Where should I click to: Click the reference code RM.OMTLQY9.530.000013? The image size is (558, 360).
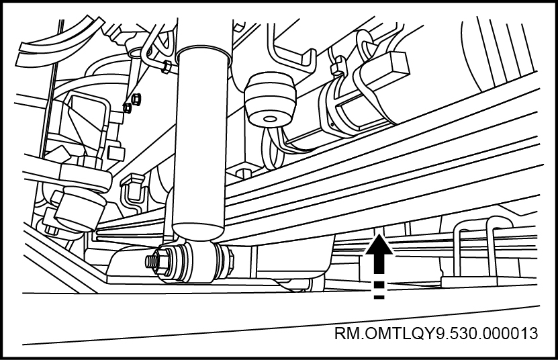(x=436, y=334)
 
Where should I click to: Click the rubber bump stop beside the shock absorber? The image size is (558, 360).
(x=271, y=99)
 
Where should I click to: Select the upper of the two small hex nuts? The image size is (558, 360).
(x=135, y=99)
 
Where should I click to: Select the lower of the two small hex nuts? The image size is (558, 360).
(x=127, y=107)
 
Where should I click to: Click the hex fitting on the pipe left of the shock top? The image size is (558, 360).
(x=165, y=66)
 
